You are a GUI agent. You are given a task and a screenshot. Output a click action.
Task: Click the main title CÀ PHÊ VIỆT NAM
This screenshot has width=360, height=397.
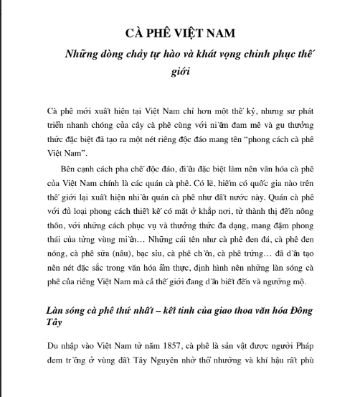[x=180, y=33]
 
